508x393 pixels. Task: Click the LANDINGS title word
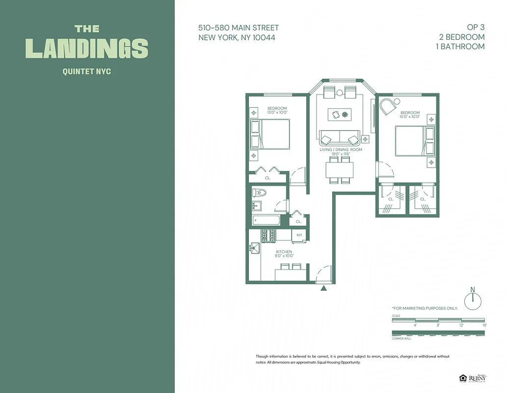pyautogui.click(x=87, y=48)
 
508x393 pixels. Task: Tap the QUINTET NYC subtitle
pyautogui.click(x=87, y=72)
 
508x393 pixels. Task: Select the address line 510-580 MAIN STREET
pyautogui.click(x=239, y=28)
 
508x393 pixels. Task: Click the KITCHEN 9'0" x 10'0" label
pyautogui.click(x=284, y=254)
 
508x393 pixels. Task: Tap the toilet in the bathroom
pyautogui.click(x=259, y=193)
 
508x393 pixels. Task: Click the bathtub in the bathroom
pyautogui.click(x=266, y=220)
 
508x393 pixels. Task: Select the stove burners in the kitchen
pyautogui.click(x=269, y=235)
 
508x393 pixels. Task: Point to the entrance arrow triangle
pyautogui.click(x=323, y=288)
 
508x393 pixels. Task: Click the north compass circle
pyautogui.click(x=473, y=301)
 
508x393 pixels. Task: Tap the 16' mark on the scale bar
pyautogui.click(x=484, y=325)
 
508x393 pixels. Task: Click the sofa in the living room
pyautogui.click(x=340, y=138)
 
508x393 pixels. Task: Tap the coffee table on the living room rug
pyautogui.click(x=340, y=114)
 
